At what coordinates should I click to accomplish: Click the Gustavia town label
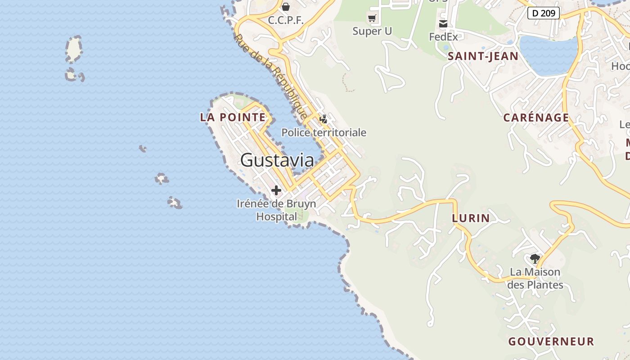click(x=277, y=160)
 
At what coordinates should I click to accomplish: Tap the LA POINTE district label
click(x=233, y=117)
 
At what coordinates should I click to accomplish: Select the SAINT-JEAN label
click(x=483, y=56)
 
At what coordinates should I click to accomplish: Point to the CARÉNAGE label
click(x=536, y=118)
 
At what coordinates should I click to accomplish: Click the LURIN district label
click(x=471, y=218)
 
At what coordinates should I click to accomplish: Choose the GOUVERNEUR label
click(x=551, y=342)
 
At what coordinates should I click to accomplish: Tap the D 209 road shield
click(x=543, y=13)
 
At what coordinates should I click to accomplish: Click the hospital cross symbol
click(x=276, y=190)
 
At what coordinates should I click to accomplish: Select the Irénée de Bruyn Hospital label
click(x=276, y=210)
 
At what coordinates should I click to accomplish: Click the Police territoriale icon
click(x=323, y=119)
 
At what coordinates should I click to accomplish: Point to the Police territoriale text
click(x=324, y=133)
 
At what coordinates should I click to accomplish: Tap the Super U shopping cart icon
click(x=372, y=18)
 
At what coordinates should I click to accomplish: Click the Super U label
click(x=372, y=31)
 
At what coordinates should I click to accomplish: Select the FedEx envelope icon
click(x=443, y=24)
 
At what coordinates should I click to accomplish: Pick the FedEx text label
click(x=443, y=36)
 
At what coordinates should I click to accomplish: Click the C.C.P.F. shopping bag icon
click(x=286, y=7)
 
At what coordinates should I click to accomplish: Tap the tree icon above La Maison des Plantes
click(x=535, y=258)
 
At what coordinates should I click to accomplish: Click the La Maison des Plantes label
click(x=535, y=279)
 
